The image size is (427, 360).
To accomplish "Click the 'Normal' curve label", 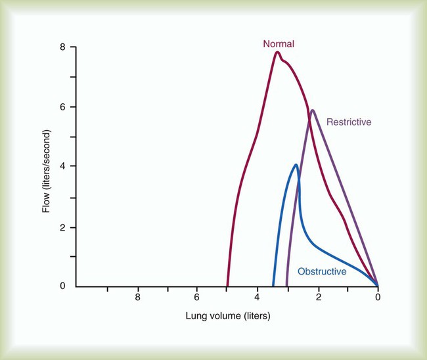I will pyautogui.click(x=279, y=44).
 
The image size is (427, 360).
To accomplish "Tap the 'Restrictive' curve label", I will pyautogui.click(x=349, y=122).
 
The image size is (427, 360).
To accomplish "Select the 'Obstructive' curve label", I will pyautogui.click(x=322, y=271).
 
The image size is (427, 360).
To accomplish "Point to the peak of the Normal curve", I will pyautogui.click(x=277, y=53).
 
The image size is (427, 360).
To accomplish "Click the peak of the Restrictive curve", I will pyautogui.click(x=313, y=110).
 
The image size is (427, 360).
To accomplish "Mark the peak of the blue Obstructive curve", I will pyautogui.click(x=296, y=165).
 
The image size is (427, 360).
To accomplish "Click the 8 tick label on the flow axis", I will pyautogui.click(x=62, y=47).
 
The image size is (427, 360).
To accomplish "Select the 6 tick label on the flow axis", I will pyautogui.click(x=62, y=107).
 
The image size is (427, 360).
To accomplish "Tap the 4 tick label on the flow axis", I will pyautogui.click(x=62, y=167).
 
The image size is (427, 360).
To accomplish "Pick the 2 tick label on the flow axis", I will pyautogui.click(x=62, y=227).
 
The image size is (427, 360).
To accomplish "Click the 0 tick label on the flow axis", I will pyautogui.click(x=62, y=286).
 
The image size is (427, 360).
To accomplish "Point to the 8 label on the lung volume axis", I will pyautogui.click(x=138, y=298).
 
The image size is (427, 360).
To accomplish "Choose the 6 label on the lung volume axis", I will pyautogui.click(x=198, y=298).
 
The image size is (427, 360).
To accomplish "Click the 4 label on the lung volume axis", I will pyautogui.click(x=258, y=298).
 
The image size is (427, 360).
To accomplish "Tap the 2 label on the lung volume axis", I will pyautogui.click(x=318, y=298).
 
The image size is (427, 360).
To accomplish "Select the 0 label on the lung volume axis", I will pyautogui.click(x=378, y=298).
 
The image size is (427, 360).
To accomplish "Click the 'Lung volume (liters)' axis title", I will pyautogui.click(x=227, y=316).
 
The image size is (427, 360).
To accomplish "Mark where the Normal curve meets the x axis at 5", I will pyautogui.click(x=228, y=286).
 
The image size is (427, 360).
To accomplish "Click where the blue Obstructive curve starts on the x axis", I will pyautogui.click(x=273, y=286).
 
